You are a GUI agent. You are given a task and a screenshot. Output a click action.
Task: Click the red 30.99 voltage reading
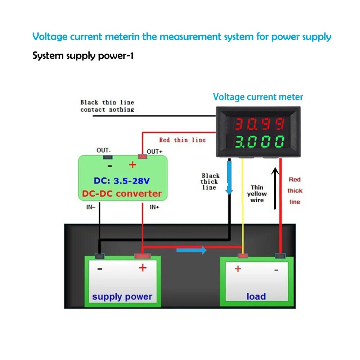pos(260,125)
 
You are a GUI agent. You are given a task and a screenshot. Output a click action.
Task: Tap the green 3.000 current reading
pos(260,141)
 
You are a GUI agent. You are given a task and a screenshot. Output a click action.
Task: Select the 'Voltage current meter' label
pos(258,97)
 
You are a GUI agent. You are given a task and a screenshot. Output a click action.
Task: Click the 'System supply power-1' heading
pos(83,56)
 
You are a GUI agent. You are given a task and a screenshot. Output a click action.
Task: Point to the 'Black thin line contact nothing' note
pos(107,106)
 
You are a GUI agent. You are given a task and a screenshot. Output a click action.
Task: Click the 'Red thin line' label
pos(182,140)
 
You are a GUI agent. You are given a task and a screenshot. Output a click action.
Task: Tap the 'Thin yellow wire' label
pos(257,194)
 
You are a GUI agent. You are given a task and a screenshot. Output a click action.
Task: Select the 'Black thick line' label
pos(210,181)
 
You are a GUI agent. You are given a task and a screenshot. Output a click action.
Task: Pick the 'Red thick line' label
pos(295,190)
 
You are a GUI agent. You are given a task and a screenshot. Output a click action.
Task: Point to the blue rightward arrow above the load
pos(192,250)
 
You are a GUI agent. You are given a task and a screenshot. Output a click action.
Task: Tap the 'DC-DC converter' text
pos(122,194)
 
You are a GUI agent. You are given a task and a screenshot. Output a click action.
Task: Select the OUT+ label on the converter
pos(154,152)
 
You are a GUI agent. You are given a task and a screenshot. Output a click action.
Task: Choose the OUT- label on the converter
pos(104,150)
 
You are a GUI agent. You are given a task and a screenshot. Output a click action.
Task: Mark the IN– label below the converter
pos(90,207)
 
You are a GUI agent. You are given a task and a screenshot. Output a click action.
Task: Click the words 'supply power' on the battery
pos(122,297)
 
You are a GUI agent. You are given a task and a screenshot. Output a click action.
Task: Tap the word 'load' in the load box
pos(256,297)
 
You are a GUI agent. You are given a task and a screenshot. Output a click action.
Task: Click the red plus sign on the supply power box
pos(143,267)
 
